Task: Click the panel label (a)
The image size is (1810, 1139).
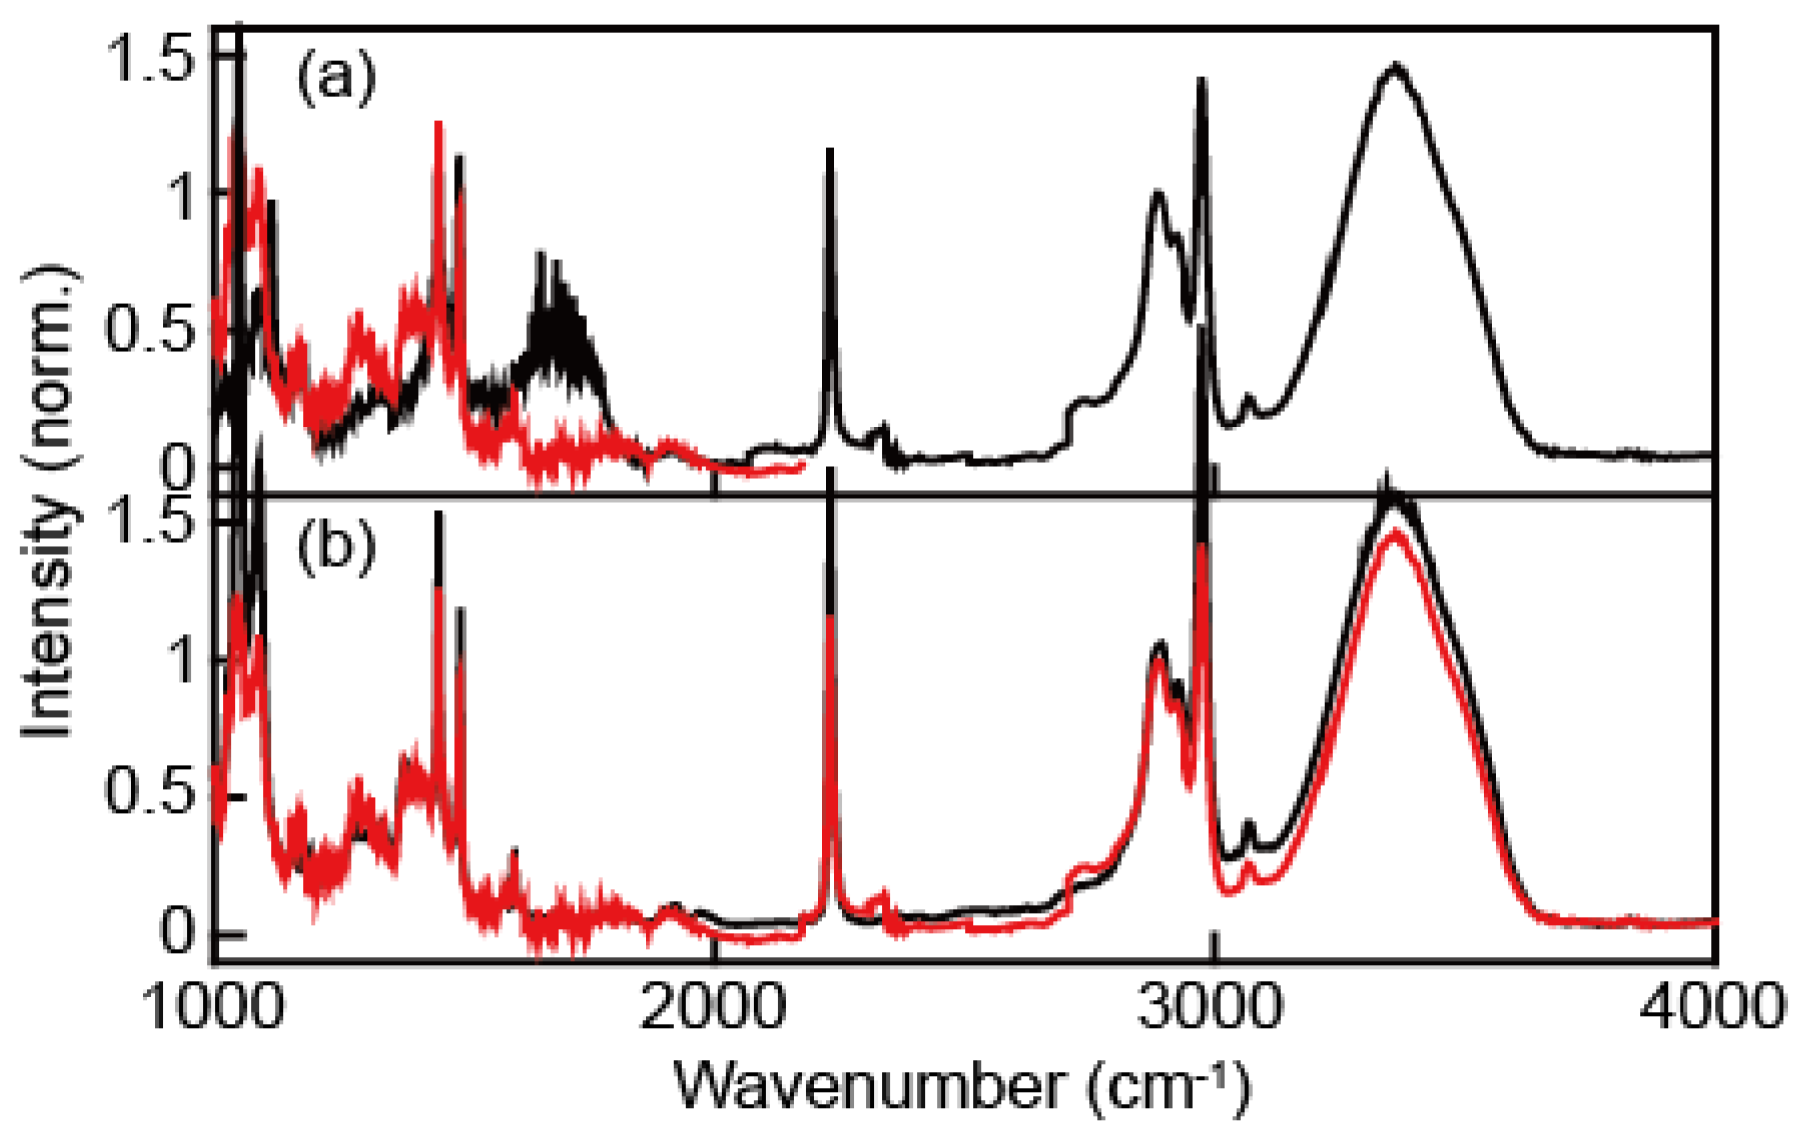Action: point(336,77)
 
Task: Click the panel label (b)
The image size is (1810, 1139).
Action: point(336,547)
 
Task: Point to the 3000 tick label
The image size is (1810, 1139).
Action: point(1211,1007)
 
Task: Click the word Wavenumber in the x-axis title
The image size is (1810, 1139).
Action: point(868,1086)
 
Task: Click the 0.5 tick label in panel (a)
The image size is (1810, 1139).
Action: point(148,330)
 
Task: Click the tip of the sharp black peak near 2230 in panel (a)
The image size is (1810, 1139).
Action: point(829,152)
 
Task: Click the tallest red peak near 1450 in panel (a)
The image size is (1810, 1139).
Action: point(438,126)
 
